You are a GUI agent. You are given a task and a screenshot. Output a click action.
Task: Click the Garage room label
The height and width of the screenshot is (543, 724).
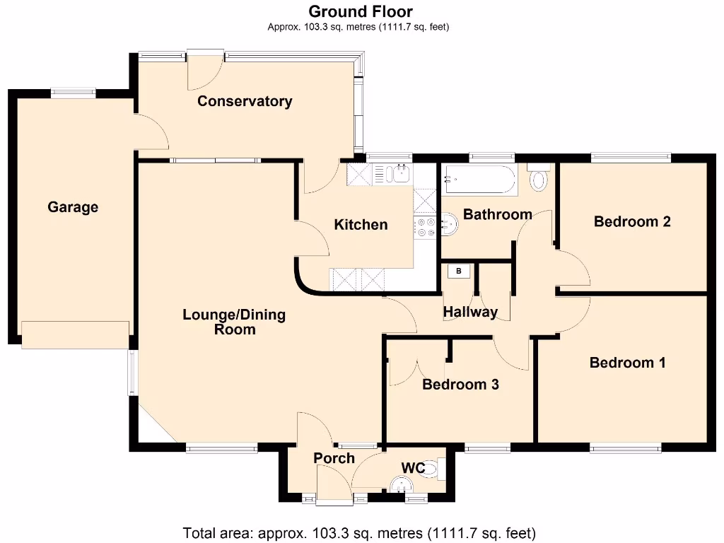[73, 207]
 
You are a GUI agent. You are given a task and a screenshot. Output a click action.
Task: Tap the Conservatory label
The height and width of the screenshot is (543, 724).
[245, 101]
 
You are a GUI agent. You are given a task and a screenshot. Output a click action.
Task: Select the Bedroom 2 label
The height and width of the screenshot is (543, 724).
[632, 221]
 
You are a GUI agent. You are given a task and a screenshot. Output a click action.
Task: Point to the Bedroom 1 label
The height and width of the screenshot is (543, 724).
[628, 363]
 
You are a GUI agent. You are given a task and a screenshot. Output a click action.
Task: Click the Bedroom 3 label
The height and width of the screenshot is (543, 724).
[460, 384]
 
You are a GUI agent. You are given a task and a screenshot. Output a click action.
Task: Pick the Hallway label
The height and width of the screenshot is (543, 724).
[470, 312]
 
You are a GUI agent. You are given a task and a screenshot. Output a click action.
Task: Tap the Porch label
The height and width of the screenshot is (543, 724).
[334, 458]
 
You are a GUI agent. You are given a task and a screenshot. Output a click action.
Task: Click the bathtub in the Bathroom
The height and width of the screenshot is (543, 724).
[479, 180]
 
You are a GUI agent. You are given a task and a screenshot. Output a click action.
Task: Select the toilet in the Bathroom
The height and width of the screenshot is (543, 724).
[539, 177]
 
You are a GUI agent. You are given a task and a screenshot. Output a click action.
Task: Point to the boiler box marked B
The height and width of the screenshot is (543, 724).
[458, 271]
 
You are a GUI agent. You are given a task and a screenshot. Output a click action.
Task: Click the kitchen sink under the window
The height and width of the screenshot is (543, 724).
[400, 173]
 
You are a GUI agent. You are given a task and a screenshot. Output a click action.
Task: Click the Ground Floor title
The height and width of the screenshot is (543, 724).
[361, 11]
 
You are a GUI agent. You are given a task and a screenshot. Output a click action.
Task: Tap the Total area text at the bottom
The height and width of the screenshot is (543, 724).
[359, 532]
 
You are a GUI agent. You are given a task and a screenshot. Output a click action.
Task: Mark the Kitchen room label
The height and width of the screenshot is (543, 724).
[361, 225]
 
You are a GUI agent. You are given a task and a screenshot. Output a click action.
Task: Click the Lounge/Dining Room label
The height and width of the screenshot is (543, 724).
[234, 322]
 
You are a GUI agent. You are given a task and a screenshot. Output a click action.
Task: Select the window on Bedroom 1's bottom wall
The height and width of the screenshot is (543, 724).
[626, 447]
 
